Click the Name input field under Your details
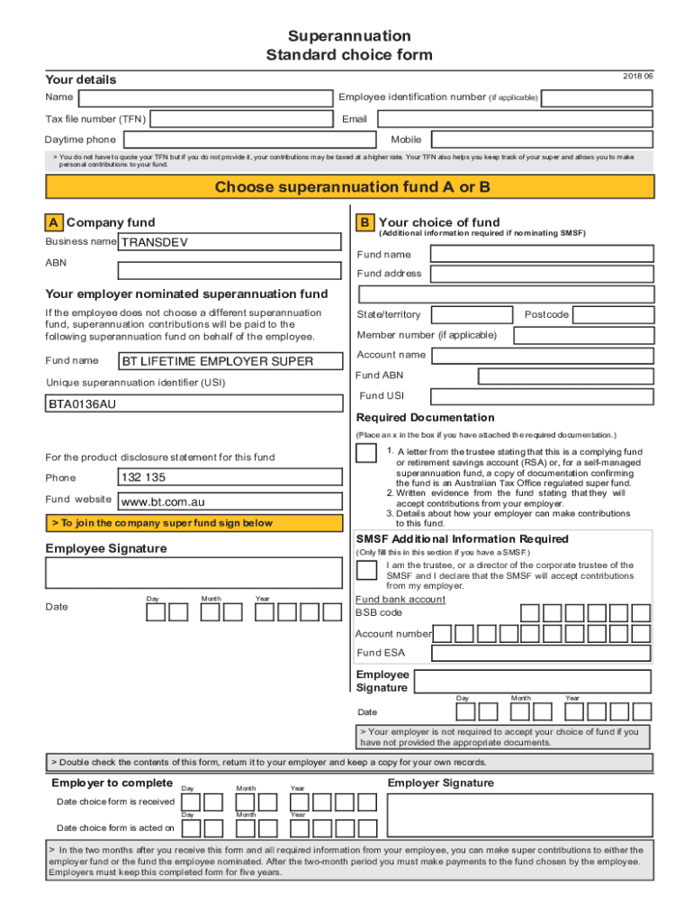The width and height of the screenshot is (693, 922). click(203, 98)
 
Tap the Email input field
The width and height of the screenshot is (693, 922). click(514, 119)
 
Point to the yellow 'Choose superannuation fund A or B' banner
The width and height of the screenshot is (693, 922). click(350, 187)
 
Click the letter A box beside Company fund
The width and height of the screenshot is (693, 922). click(54, 222)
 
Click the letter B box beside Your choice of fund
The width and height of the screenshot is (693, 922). click(364, 222)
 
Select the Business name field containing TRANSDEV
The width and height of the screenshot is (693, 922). click(229, 242)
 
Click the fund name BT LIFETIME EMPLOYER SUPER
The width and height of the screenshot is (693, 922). click(229, 361)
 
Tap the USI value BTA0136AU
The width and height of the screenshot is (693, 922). click(193, 403)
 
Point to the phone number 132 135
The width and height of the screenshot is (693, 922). click(229, 477)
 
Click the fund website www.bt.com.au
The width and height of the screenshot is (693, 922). click(229, 502)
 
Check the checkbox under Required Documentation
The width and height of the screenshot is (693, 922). click(366, 452)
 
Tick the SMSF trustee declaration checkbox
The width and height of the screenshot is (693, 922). click(366, 569)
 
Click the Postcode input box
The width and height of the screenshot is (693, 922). click(613, 314)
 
